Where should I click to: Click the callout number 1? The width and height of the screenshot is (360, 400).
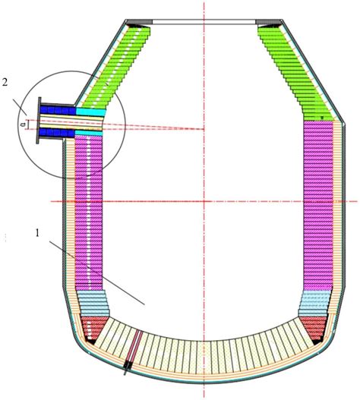(x=37, y=233)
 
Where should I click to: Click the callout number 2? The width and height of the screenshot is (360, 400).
(x=5, y=83)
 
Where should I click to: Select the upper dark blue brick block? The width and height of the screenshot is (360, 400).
(x=58, y=110)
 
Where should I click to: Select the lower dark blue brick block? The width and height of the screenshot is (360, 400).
(x=57, y=132)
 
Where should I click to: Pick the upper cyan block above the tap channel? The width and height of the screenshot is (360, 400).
(x=91, y=112)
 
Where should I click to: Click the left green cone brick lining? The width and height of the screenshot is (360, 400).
(x=115, y=67)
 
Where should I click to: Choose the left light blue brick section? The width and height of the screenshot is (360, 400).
(x=93, y=304)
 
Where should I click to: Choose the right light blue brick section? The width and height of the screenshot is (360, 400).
(x=314, y=304)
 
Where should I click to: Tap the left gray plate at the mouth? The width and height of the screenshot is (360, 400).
(x=140, y=22)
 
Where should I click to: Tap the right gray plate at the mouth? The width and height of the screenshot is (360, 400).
(x=269, y=22)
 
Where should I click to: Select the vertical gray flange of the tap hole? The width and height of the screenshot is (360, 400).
(x=39, y=121)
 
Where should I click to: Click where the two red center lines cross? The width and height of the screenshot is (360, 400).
(x=204, y=202)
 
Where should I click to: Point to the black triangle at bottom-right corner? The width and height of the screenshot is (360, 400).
(x=317, y=342)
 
